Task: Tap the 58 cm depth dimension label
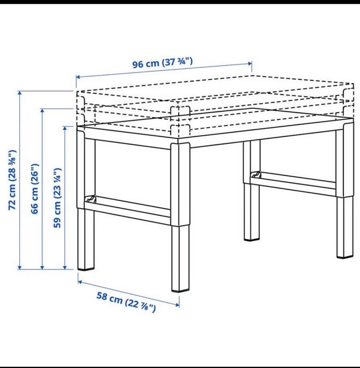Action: point(126,302)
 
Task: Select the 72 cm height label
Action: point(12,180)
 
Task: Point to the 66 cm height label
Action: point(35,189)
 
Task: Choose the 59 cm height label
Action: point(57,198)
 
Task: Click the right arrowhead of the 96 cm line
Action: point(250,63)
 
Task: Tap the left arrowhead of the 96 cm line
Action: point(78,77)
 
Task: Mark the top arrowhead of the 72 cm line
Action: point(20,93)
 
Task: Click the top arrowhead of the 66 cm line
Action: point(42,111)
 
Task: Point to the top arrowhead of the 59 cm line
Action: point(65,128)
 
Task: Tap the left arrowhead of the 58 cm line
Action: point(80,282)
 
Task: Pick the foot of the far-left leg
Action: point(86,269)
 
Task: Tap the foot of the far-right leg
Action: point(345,257)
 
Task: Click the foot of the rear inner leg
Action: point(252,239)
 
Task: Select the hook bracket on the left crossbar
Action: point(91,199)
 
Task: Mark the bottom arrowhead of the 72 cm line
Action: point(20,267)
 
